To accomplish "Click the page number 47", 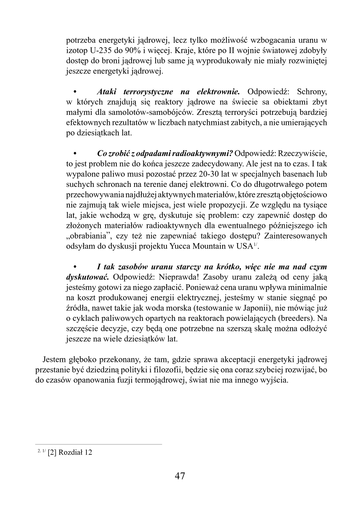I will click(180, 476).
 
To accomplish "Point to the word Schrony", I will click(312, 91).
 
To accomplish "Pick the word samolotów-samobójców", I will click(149, 112).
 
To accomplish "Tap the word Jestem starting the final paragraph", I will click(54, 360).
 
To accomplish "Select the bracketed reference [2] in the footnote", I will click(53, 452).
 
